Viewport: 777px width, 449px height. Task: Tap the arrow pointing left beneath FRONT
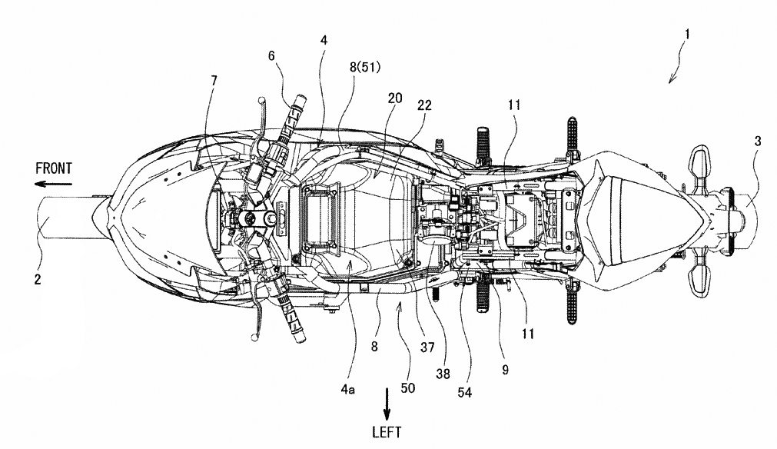click(52, 184)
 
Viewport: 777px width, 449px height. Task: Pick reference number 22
click(426, 105)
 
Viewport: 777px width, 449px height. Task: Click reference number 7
click(214, 81)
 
